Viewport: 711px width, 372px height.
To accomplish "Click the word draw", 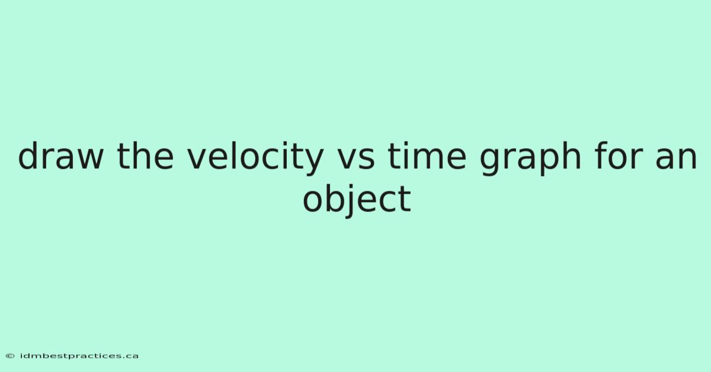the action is pos(61,156).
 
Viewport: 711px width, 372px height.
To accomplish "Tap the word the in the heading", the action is pos(145,156).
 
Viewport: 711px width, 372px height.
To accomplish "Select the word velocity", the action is pos(255,158).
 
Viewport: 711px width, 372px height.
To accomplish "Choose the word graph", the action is pos(530,158).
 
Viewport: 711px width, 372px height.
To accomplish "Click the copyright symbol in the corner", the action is pos(10,356).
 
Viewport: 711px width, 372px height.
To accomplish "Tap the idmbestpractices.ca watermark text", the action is pos(79,356).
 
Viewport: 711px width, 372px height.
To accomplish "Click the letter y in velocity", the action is pos(312,162).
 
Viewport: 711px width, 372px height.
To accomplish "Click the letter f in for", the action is pos(601,156).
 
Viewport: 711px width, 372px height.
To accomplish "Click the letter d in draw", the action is pos(28,156).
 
